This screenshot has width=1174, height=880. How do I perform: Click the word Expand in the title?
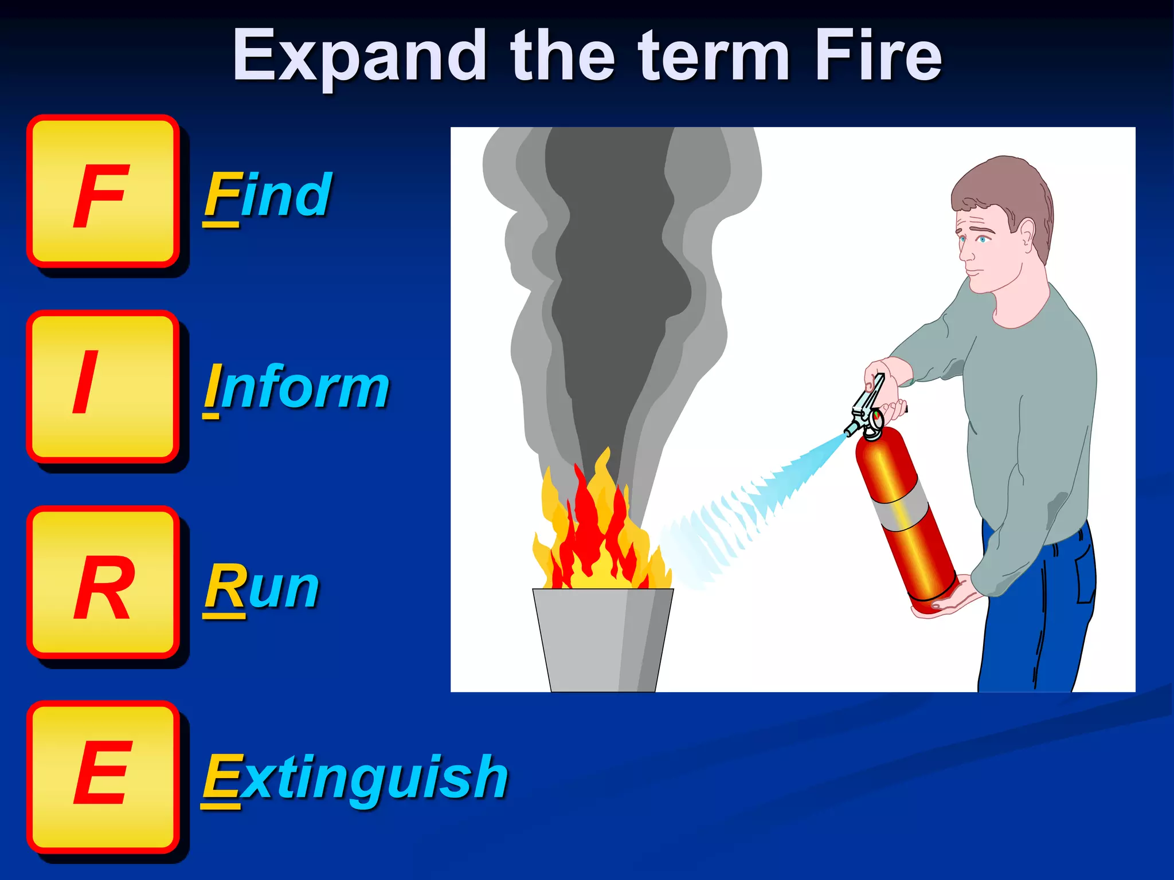pyautogui.click(x=359, y=56)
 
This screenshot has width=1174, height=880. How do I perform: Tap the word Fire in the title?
pyautogui.click(x=878, y=56)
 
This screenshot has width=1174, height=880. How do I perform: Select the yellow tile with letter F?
pyautogui.click(x=103, y=191)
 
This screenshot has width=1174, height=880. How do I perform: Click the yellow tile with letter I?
pyautogui.click(x=103, y=386)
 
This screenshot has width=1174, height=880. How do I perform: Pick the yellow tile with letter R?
pyautogui.click(x=103, y=582)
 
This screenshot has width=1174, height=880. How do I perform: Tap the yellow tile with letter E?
pyautogui.click(x=103, y=777)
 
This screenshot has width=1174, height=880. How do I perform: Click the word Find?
pyautogui.click(x=268, y=196)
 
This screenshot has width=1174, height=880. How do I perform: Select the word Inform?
pyautogui.click(x=297, y=388)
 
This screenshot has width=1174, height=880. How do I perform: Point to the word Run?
pyautogui.click(x=262, y=588)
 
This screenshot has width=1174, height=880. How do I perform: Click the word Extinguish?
pyautogui.click(x=355, y=778)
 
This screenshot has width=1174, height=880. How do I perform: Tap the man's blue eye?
pyautogui.click(x=983, y=239)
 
